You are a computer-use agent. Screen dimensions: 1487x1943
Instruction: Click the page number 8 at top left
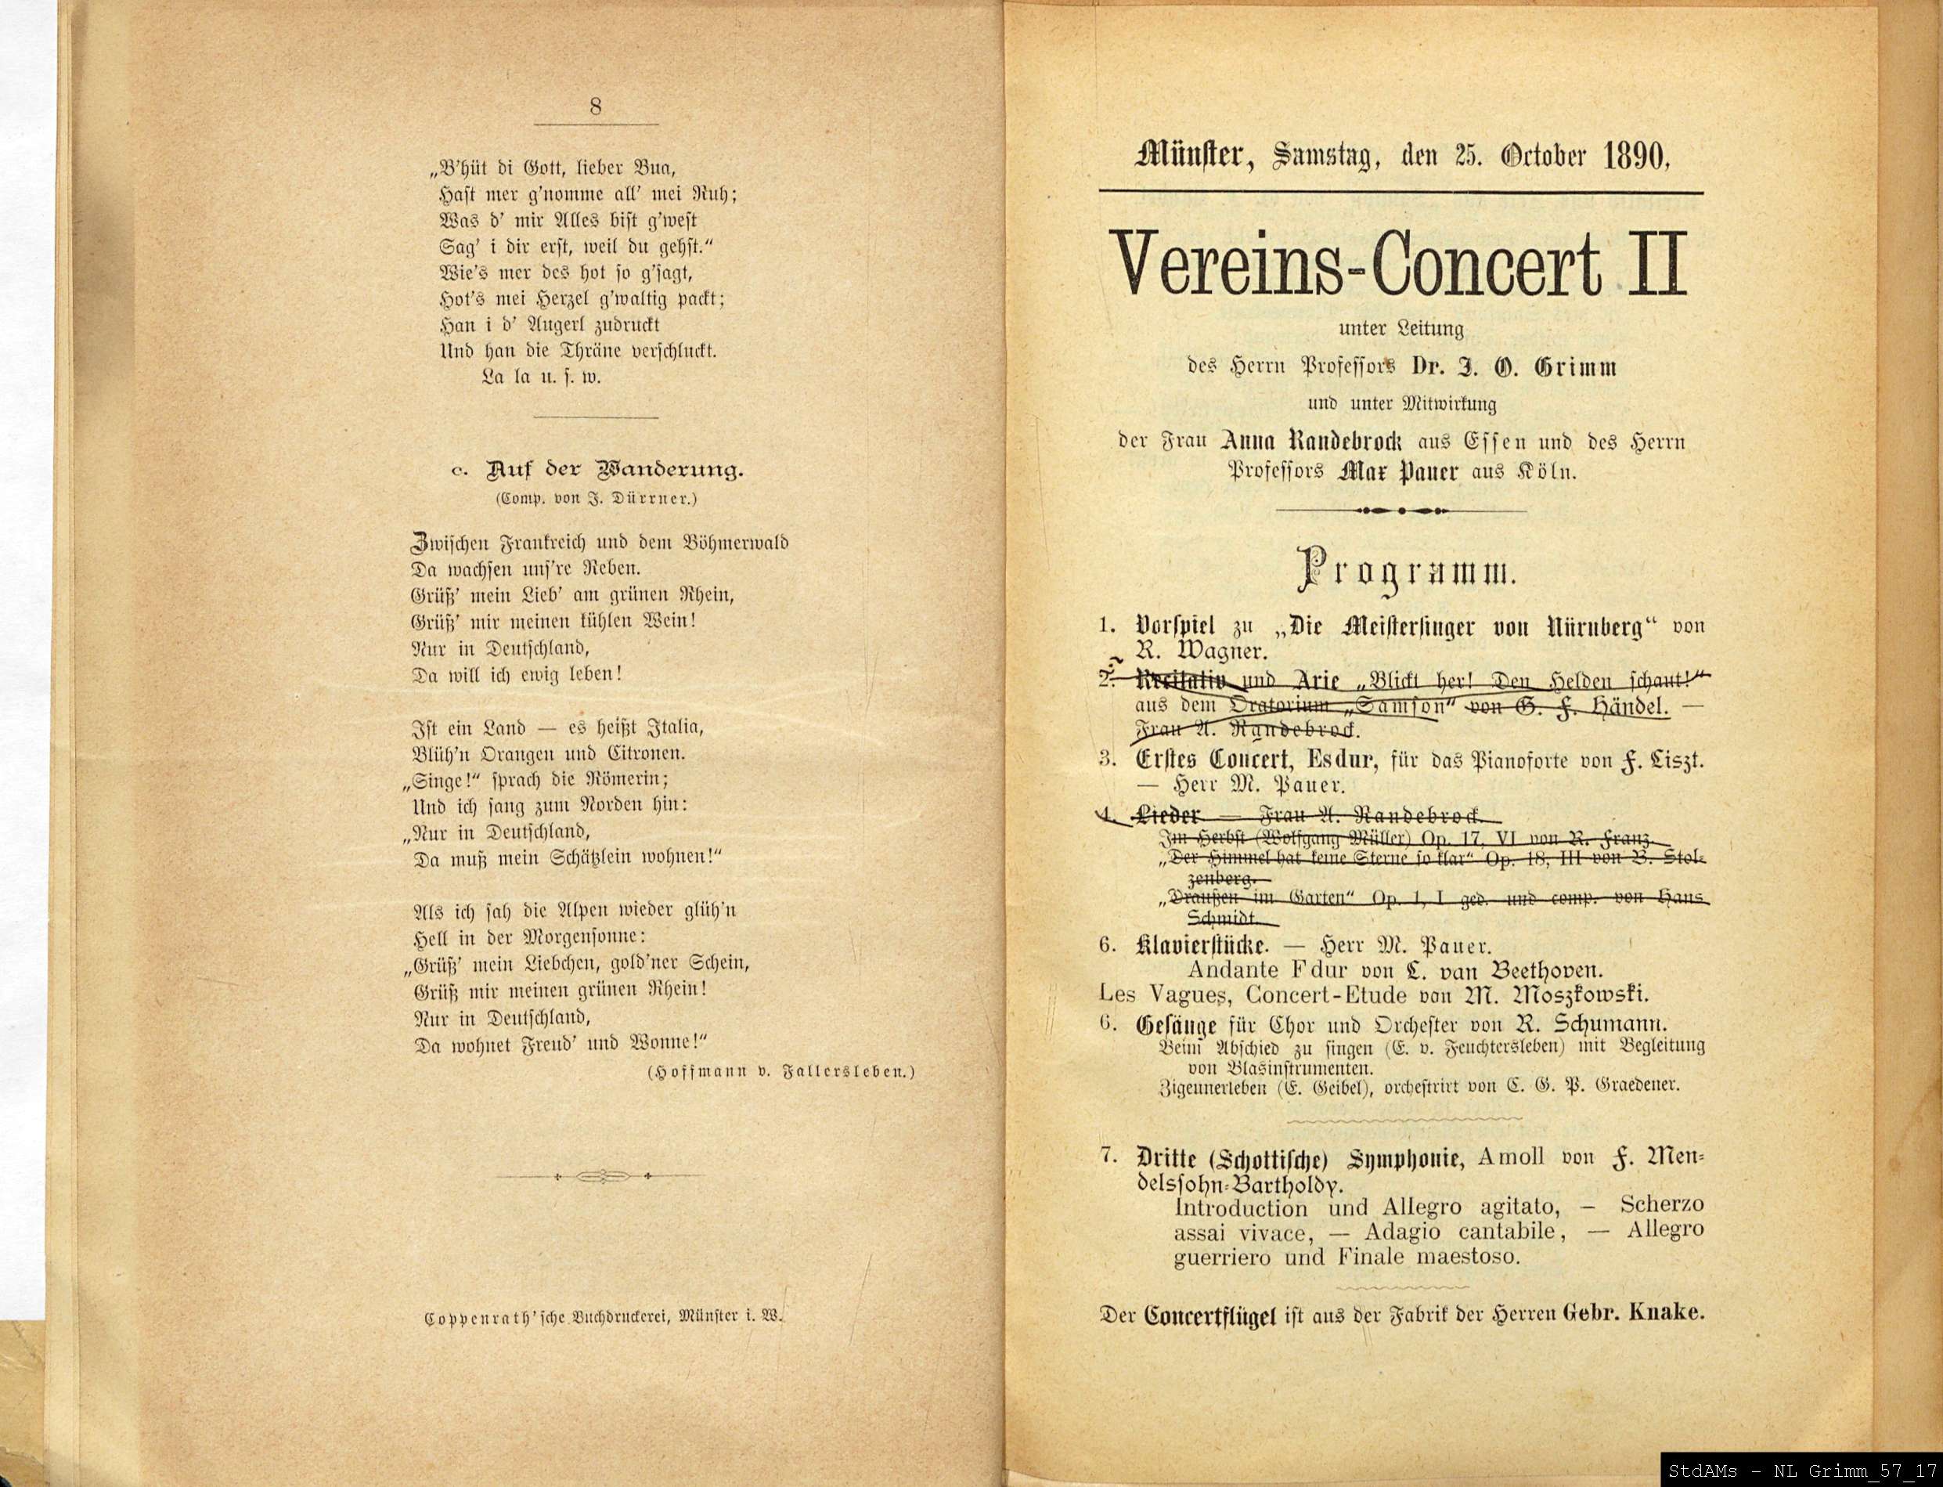pyautogui.click(x=596, y=107)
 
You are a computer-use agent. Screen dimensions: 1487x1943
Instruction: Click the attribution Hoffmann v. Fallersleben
pyautogui.click(x=780, y=1073)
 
